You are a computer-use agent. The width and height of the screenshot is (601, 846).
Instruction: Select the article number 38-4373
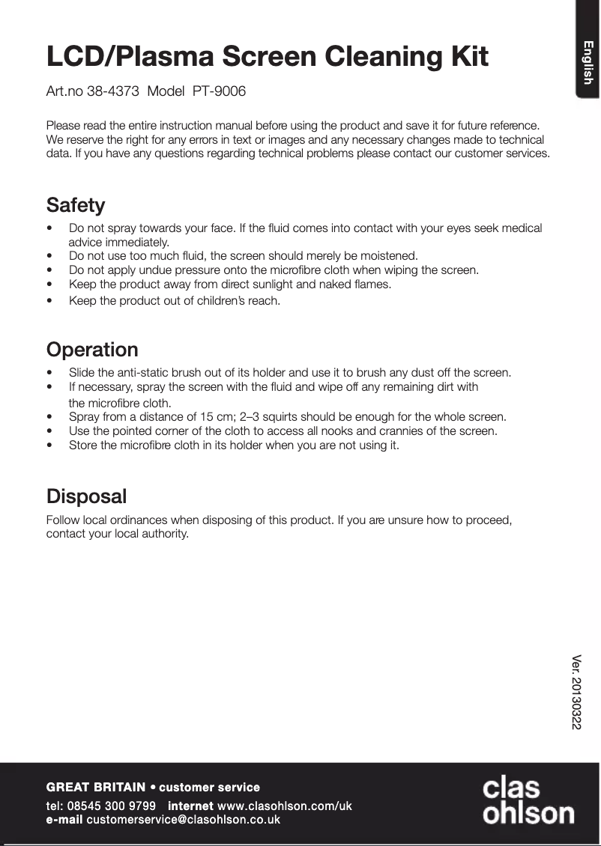[112, 91]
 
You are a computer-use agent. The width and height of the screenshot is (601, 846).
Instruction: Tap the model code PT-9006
[219, 91]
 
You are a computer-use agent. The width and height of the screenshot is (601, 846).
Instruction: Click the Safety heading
[76, 204]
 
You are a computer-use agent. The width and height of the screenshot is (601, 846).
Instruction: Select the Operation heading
[92, 350]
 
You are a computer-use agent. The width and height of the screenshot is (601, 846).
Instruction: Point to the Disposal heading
[86, 496]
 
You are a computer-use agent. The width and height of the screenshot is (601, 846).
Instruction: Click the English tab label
[588, 63]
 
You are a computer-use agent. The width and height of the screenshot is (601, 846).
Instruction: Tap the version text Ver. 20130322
[576, 693]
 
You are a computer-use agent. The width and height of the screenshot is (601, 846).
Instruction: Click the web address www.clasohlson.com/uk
[284, 806]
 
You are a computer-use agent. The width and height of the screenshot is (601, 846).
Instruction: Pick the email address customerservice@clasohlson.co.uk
[184, 820]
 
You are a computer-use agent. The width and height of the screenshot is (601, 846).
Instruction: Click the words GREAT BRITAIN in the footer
[96, 787]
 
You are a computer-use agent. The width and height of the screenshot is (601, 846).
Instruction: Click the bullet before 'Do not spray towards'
[49, 228]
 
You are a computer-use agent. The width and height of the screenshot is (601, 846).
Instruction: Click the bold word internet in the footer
[190, 806]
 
